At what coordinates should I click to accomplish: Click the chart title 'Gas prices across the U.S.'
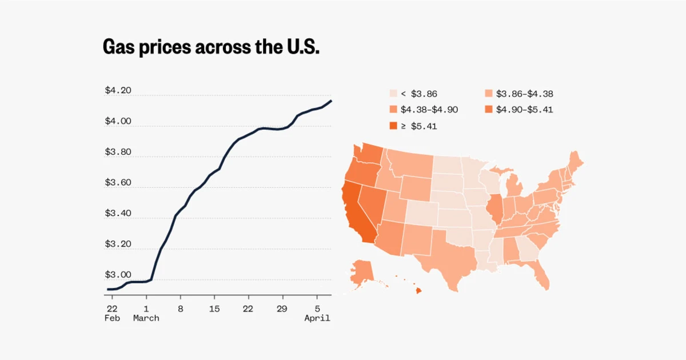pyautogui.click(x=210, y=47)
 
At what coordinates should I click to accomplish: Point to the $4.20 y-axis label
pyautogui.click(x=118, y=91)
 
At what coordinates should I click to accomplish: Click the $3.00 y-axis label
pyautogui.click(x=118, y=275)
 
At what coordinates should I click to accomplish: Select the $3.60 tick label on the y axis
pyautogui.click(x=118, y=183)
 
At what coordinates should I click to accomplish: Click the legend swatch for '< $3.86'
pyautogui.click(x=393, y=94)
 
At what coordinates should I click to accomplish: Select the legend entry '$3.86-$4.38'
pyautogui.click(x=519, y=94)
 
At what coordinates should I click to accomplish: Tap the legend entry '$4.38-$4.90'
pyautogui.click(x=423, y=110)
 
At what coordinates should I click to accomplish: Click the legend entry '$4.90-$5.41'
pyautogui.click(x=519, y=110)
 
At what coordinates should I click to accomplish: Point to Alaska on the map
pyautogui.click(x=361, y=271)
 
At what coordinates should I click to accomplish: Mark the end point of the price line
pyautogui.click(x=331, y=101)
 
